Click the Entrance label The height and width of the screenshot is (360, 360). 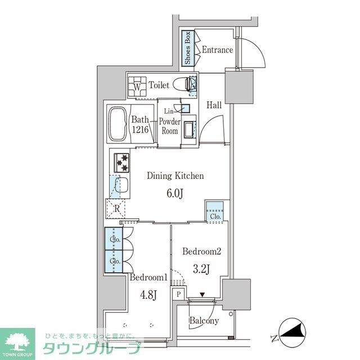pyautogui.click(x=217, y=50)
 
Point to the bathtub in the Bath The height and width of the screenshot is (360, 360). pyautogui.click(x=118, y=124)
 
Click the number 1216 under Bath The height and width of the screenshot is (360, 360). pyautogui.click(x=141, y=129)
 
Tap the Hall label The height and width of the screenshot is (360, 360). pyautogui.click(x=214, y=105)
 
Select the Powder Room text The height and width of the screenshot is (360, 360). pyautogui.click(x=170, y=126)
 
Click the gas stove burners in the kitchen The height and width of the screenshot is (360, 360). pyautogui.click(x=123, y=162)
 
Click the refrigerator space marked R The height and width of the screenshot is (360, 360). pyautogui.click(x=117, y=208)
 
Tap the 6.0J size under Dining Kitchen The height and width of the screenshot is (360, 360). pyautogui.click(x=174, y=194)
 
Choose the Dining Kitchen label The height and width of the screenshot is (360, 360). pyautogui.click(x=175, y=176)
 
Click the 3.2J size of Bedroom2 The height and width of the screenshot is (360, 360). pyautogui.click(x=200, y=269)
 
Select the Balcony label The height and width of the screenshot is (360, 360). pyautogui.click(x=204, y=321)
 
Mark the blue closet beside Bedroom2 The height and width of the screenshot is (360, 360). pyautogui.click(x=214, y=211)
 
